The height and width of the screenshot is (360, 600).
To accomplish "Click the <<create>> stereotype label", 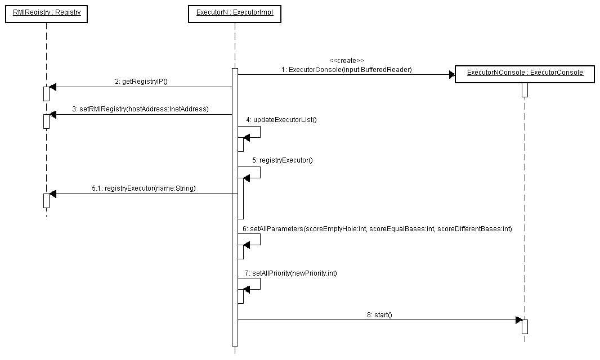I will (x=347, y=60).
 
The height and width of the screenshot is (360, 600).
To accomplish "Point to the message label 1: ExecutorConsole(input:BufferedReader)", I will (x=347, y=70).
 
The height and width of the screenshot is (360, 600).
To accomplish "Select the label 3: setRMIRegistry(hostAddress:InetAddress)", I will (x=140, y=109).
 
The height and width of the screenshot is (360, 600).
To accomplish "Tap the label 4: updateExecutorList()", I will (x=281, y=120).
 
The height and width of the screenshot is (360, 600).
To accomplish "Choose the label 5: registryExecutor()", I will (x=282, y=160).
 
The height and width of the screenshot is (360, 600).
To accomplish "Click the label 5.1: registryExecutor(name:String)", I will (x=144, y=188).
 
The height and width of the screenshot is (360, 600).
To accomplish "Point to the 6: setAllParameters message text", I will (x=377, y=229).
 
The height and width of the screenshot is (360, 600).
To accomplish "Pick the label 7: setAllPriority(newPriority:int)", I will (x=291, y=273).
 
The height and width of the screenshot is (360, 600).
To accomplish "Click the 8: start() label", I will (x=379, y=315).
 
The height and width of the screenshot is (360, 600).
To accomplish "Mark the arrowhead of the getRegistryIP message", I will (x=53, y=87).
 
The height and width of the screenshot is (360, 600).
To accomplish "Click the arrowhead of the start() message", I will (x=519, y=320).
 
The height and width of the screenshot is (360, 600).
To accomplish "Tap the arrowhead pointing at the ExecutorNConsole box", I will (x=451, y=74).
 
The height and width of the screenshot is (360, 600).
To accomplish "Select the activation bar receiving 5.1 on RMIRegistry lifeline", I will (x=46, y=200).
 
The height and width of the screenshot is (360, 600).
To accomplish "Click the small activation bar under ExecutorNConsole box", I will (x=525, y=90).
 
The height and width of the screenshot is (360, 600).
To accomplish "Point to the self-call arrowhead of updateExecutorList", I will (x=247, y=137).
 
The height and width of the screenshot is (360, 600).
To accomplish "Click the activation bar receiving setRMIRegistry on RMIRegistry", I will (x=46, y=121).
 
